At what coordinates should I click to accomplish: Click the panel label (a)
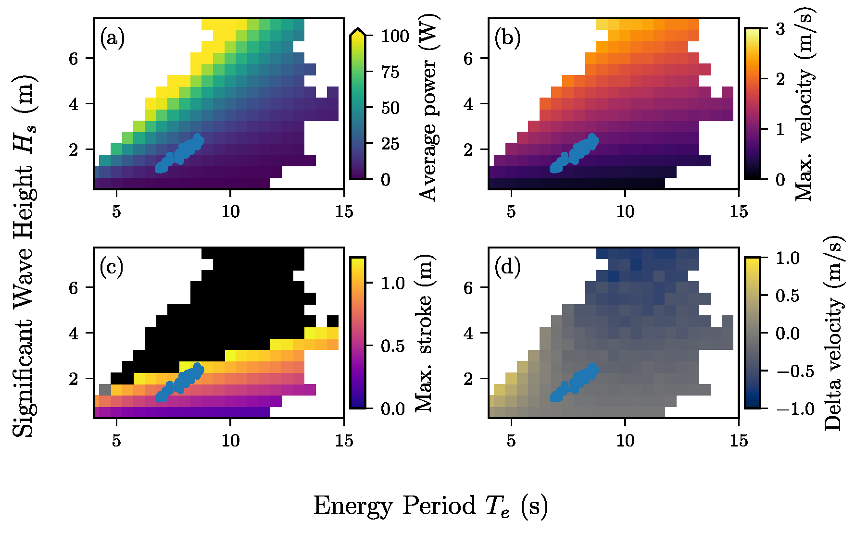point(112,38)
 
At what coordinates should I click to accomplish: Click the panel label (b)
point(507,38)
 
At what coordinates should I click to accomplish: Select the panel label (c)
point(112,267)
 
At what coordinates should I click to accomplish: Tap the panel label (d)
point(507,267)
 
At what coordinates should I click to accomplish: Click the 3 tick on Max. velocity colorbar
point(780,29)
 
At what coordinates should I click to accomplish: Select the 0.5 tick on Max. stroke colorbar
point(393,346)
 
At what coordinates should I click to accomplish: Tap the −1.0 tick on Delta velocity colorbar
point(794,409)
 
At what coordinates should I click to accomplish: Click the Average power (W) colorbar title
point(427,108)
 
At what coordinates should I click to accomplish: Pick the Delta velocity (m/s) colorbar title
point(833,333)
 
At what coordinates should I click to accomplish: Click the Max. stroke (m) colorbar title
point(424,333)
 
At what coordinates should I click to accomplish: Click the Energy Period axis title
point(430,506)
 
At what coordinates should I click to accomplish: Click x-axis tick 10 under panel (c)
point(230,440)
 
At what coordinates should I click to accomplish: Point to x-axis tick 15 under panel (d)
point(739,440)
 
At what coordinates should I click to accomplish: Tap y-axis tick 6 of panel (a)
point(73,59)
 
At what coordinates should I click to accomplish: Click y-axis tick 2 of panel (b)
point(468,150)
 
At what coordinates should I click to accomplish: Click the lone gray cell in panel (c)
point(105,389)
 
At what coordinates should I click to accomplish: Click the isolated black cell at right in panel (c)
point(333,321)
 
